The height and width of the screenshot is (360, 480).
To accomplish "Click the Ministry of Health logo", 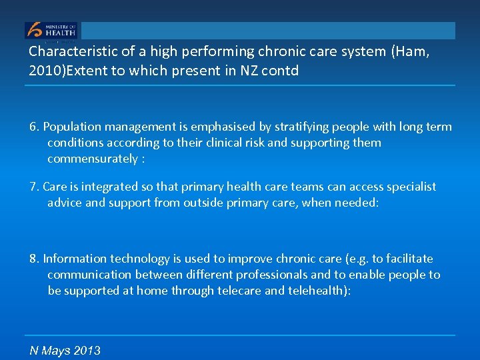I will [x=51, y=31].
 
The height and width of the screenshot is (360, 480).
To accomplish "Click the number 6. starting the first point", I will [x=34, y=127].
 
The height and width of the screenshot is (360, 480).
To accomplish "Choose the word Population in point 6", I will [x=73, y=127].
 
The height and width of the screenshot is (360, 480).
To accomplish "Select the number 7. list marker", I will [x=34, y=187].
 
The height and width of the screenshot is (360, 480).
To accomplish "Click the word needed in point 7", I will [x=355, y=203].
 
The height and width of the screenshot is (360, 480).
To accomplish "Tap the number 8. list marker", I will [x=34, y=259].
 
